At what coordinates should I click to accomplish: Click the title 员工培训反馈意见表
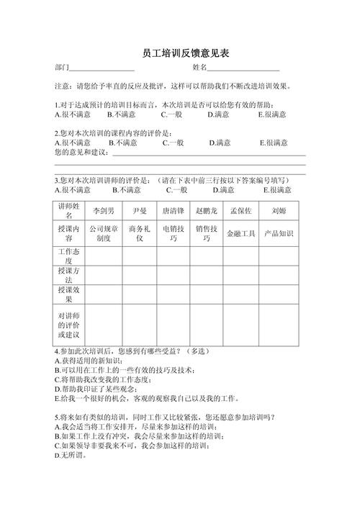[x=180, y=55]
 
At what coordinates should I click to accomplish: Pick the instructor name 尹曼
[x=140, y=211]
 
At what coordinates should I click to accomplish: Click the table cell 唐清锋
[x=173, y=211]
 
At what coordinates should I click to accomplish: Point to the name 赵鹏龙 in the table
[x=207, y=211]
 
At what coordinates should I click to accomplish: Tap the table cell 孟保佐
[x=240, y=211]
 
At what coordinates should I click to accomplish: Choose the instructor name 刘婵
[x=279, y=211]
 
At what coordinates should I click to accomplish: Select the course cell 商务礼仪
[x=140, y=233]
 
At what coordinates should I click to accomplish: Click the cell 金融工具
[x=240, y=233]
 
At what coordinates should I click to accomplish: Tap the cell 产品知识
[x=279, y=233]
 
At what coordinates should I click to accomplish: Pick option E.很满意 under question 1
[x=272, y=114]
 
